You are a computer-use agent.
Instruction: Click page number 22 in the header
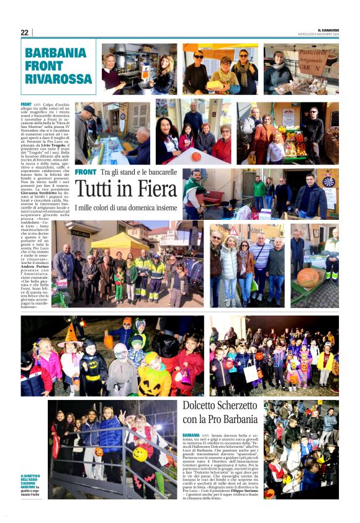[25, 32]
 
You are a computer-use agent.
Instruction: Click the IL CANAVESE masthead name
[328, 30]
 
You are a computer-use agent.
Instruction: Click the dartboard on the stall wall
[329, 182]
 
